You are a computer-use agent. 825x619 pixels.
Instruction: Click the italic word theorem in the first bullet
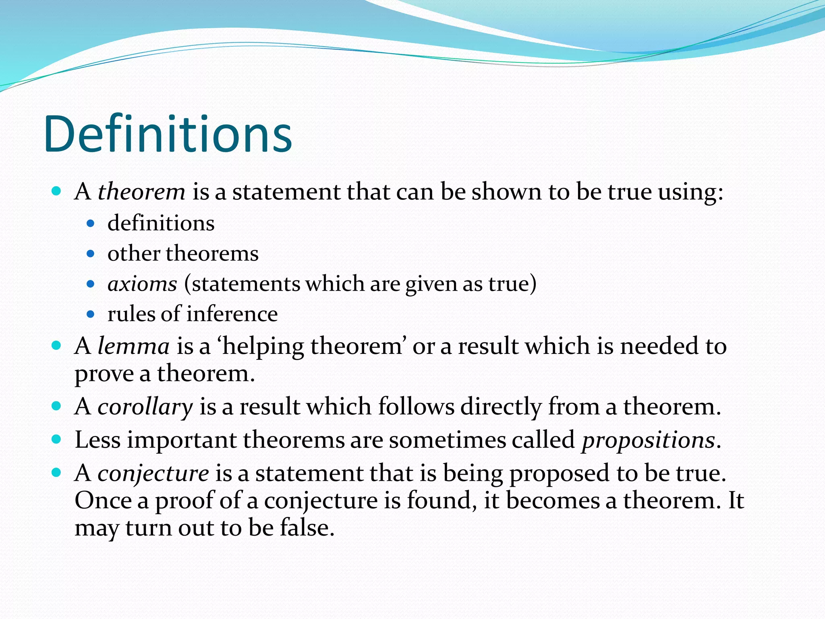(x=141, y=191)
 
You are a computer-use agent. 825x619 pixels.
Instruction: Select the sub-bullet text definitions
(x=161, y=223)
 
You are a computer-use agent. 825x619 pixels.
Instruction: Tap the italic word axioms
(x=142, y=284)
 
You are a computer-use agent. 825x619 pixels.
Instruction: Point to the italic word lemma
(x=133, y=346)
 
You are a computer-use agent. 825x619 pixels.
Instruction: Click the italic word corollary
(x=145, y=406)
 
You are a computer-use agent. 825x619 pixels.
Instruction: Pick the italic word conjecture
(x=153, y=473)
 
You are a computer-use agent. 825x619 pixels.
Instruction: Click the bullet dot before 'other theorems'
(x=91, y=254)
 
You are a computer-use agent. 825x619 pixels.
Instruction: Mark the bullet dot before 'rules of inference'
(x=91, y=314)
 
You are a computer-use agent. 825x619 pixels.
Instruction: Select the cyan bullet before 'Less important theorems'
(x=56, y=439)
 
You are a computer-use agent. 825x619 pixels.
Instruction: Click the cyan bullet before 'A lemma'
(x=56, y=345)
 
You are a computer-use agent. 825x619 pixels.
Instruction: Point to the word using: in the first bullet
(x=690, y=192)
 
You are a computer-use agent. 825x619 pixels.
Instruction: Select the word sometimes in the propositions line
(x=447, y=440)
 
